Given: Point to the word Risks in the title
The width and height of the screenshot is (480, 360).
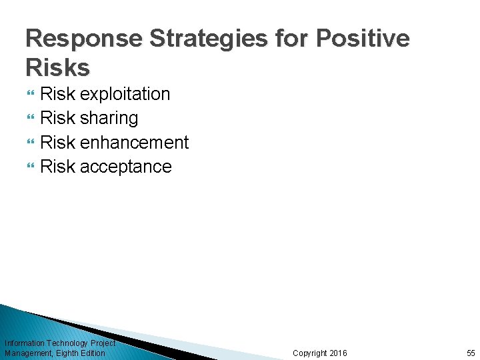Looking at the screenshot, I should [x=57, y=67].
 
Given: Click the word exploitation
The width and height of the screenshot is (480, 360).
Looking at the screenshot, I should [x=125, y=95].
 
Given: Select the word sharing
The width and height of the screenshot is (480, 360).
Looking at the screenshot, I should [x=109, y=119].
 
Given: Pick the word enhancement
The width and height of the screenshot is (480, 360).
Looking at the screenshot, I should [x=134, y=142].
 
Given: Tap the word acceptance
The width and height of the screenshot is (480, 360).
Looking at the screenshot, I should [x=125, y=166].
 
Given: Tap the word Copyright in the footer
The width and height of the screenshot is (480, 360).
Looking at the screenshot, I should [x=309, y=353].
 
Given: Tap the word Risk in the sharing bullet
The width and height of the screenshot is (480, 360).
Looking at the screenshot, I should [x=58, y=119].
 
